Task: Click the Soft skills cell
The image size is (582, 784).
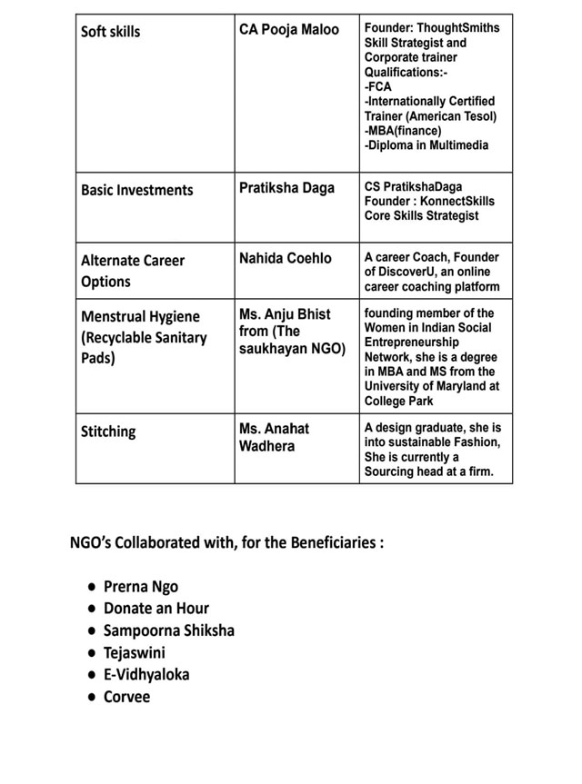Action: (111, 32)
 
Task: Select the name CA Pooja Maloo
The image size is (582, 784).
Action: (288, 30)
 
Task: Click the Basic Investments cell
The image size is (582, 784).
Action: (137, 190)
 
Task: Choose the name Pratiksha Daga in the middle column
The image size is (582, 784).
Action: (287, 188)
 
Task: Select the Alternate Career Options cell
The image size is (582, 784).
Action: (133, 271)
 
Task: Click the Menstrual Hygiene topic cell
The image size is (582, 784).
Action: (144, 337)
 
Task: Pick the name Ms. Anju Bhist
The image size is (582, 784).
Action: (285, 314)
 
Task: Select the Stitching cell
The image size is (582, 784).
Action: (108, 432)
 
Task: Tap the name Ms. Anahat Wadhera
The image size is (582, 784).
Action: (275, 437)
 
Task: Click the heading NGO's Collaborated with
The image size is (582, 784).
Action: (226, 543)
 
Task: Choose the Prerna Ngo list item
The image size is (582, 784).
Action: (141, 587)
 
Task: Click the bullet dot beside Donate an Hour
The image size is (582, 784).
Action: (92, 610)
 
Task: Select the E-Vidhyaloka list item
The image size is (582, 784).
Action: (146, 675)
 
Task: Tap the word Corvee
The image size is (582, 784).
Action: (127, 698)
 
